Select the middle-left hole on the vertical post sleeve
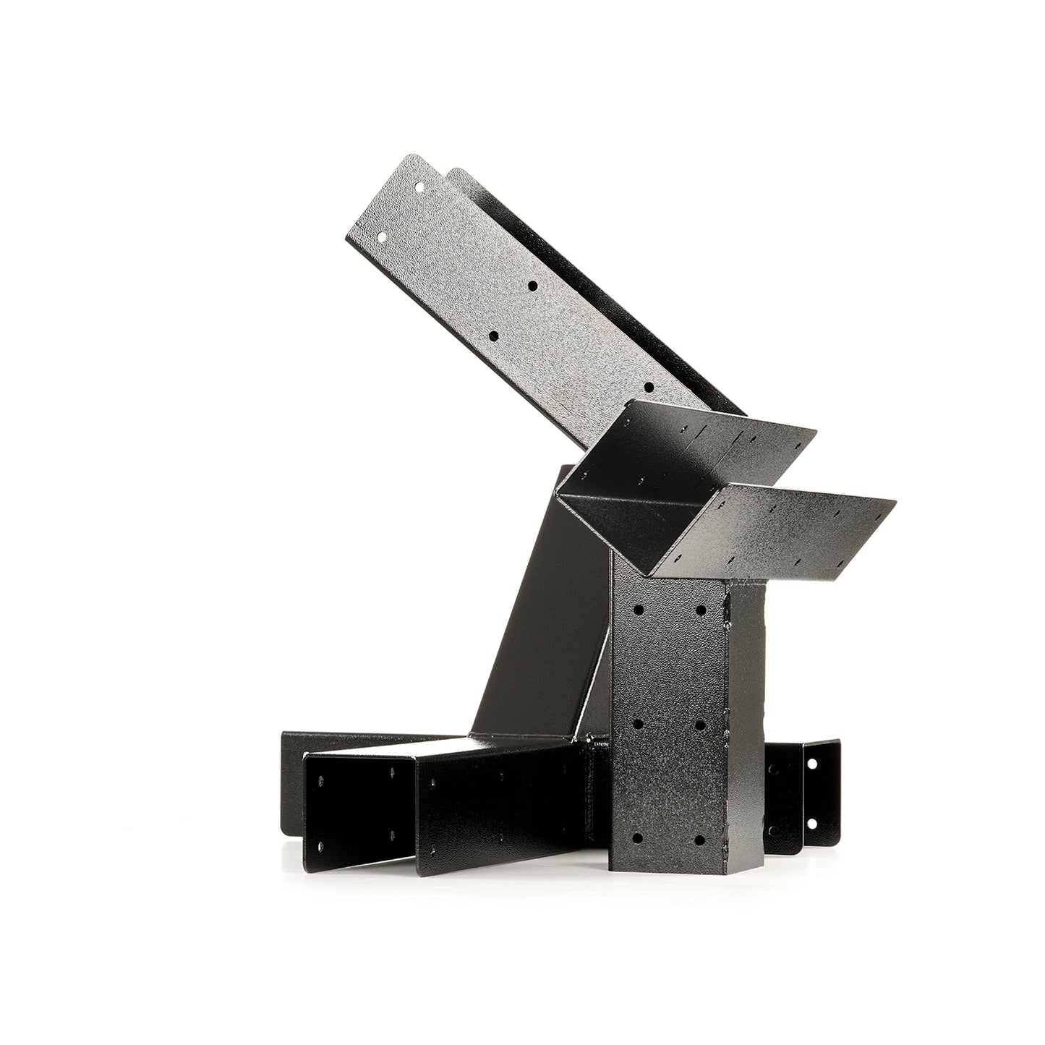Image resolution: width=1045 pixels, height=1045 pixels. [639, 722]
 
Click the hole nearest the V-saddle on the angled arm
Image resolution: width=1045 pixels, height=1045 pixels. [648, 388]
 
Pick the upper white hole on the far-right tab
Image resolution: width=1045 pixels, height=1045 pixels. [811, 763]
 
